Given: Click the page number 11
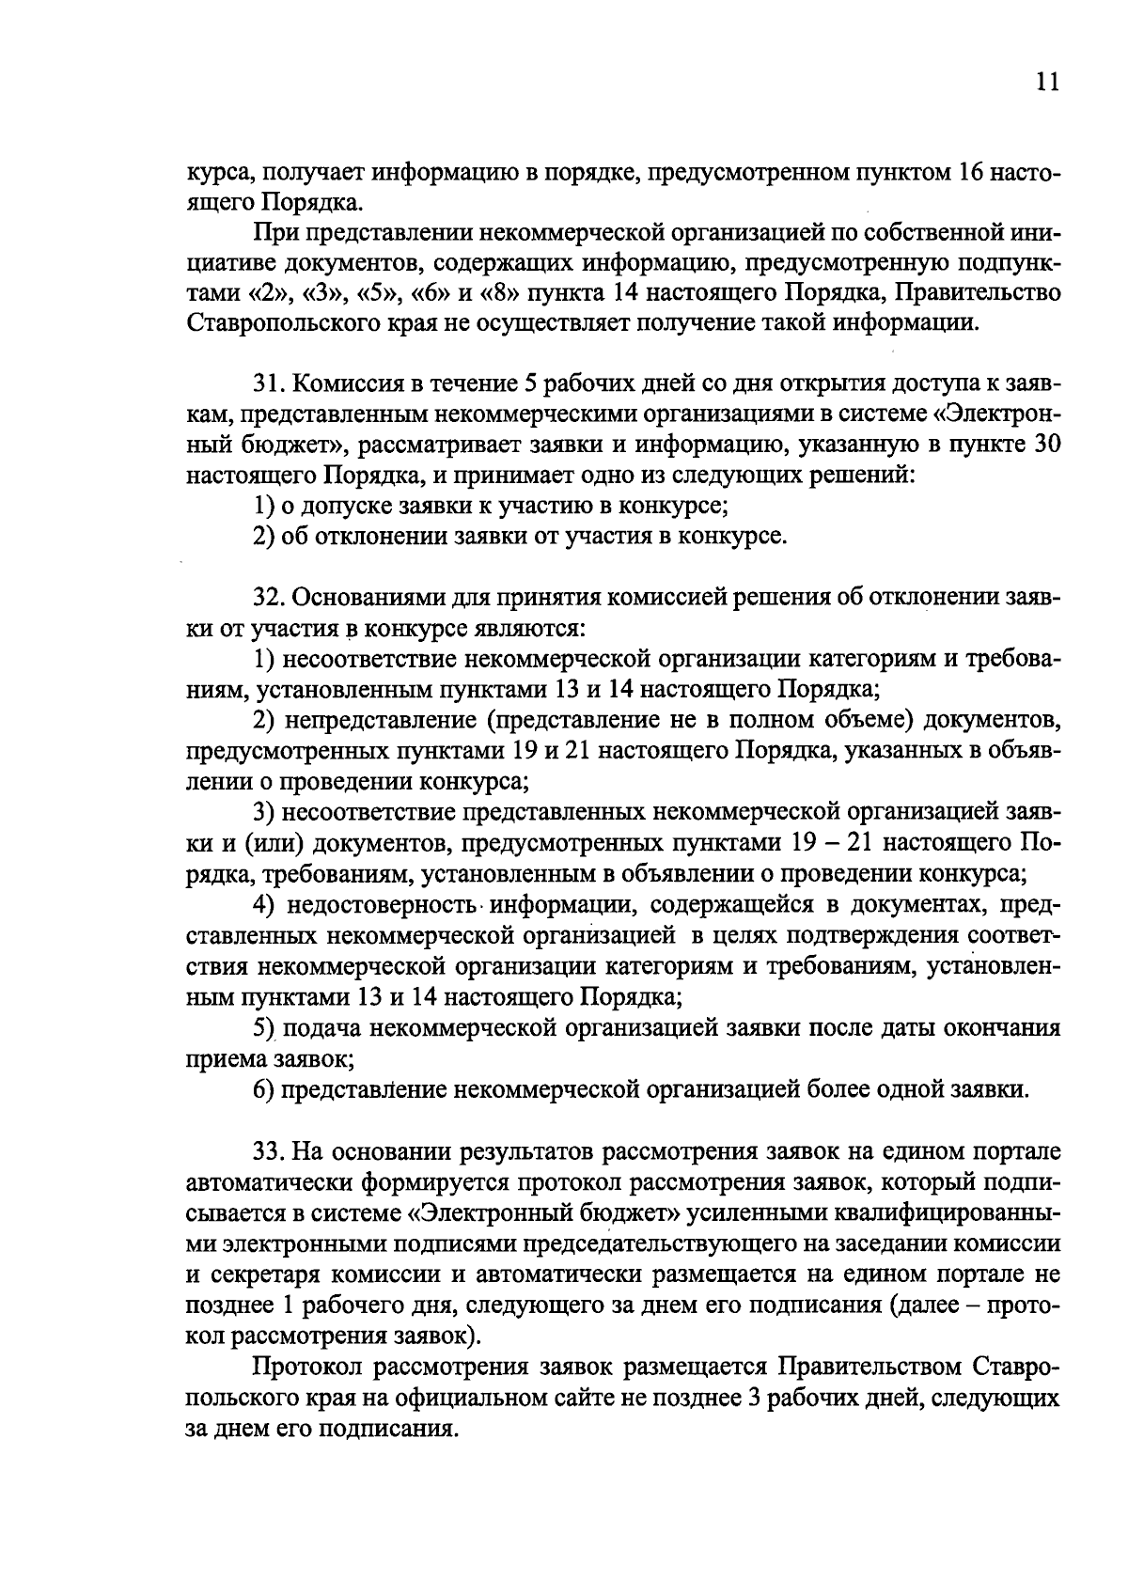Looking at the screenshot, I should [1047, 82].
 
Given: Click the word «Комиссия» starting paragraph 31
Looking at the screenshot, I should [341, 383].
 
